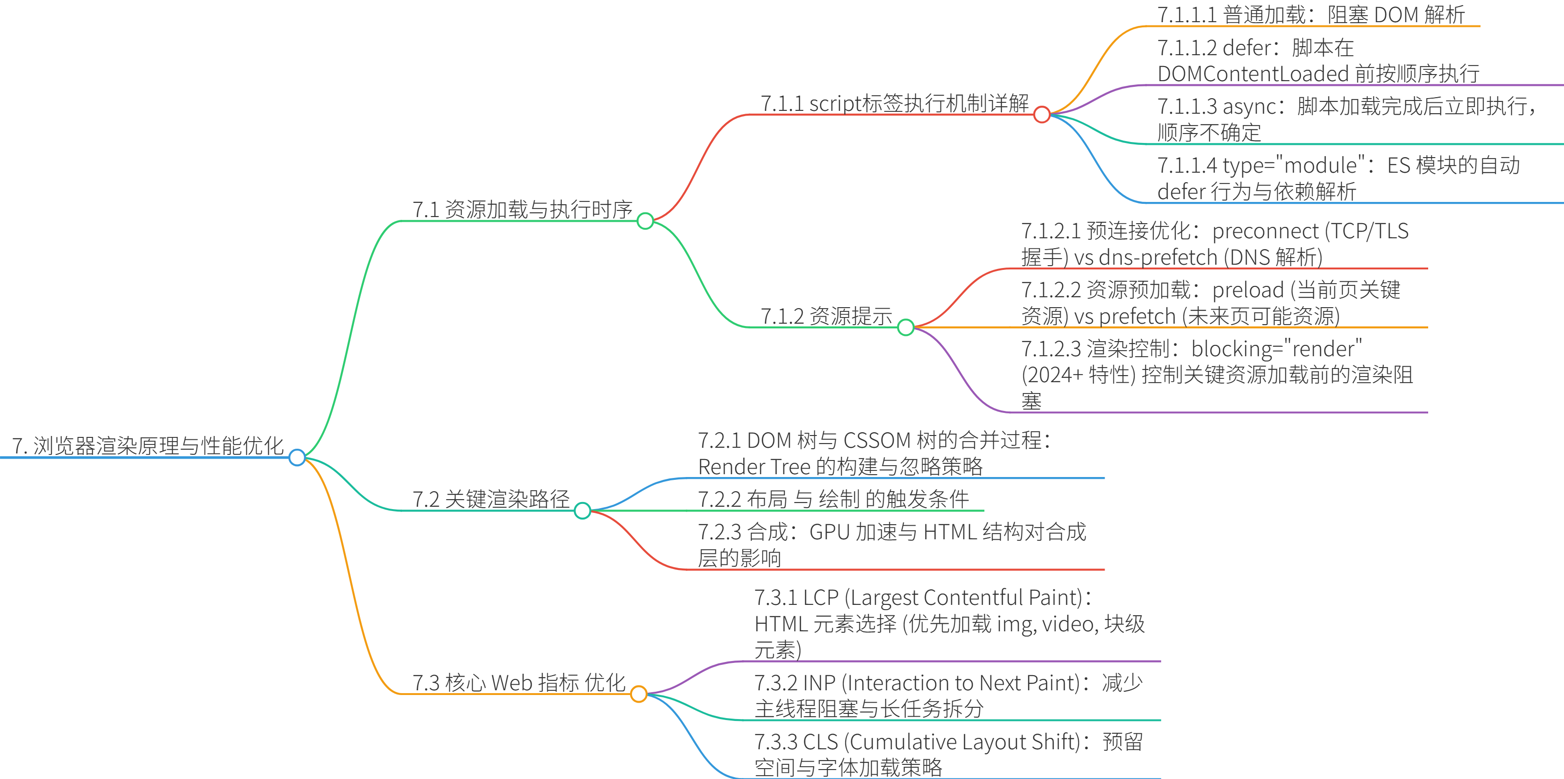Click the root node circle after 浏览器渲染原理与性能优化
click(297, 457)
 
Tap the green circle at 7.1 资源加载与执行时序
click(645, 221)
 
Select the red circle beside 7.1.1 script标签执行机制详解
click(1042, 114)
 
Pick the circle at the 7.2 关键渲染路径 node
click(582, 511)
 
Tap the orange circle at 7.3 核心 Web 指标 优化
click(639, 694)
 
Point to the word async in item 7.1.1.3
click(1249, 107)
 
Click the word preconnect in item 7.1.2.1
click(1265, 231)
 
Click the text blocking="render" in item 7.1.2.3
click(1276, 349)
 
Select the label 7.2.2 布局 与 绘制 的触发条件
click(833, 499)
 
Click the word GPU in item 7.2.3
click(829, 532)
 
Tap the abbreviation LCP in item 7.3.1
click(820, 597)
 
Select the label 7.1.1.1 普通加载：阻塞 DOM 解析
click(1310, 15)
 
